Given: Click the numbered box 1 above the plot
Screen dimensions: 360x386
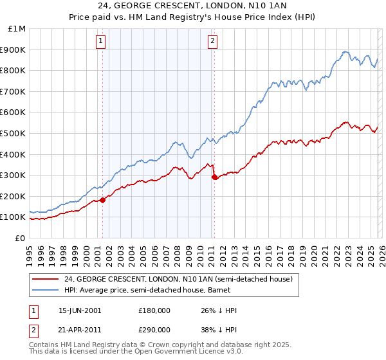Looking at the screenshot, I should pyautogui.click(x=102, y=42).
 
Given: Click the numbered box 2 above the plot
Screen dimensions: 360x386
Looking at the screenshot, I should pyautogui.click(x=212, y=42).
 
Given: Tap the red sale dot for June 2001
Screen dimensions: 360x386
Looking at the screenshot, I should pyautogui.click(x=103, y=200).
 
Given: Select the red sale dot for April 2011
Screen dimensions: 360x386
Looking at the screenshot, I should pyautogui.click(x=214, y=177).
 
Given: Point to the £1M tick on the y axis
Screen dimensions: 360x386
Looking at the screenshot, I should pyautogui.click(x=17, y=29).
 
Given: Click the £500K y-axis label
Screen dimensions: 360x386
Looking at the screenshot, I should pyautogui.click(x=14, y=133).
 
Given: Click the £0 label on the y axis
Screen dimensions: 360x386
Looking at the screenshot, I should pyautogui.click(x=20, y=238).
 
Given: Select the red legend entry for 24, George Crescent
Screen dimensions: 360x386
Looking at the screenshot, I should pyautogui.click(x=178, y=279).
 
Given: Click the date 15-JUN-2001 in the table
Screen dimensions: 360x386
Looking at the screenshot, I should pyautogui.click(x=80, y=310).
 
